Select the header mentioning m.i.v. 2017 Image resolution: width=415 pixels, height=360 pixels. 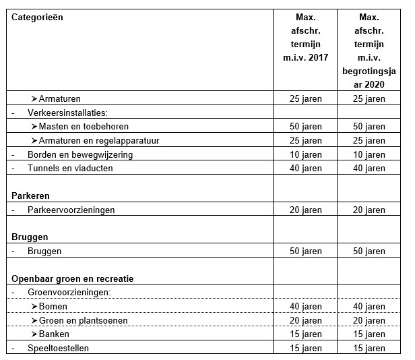(x=306, y=37)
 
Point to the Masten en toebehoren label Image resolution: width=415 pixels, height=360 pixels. (x=84, y=126)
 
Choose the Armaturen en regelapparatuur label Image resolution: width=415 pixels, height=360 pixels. (x=98, y=140)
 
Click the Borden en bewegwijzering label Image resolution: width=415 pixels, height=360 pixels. (x=79, y=154)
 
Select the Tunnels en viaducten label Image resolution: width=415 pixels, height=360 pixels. (x=70, y=168)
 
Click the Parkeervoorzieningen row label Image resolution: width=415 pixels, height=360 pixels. (x=71, y=210)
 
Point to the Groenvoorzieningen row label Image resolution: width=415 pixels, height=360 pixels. (x=69, y=293)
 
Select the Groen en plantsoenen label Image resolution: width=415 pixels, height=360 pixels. (x=83, y=320)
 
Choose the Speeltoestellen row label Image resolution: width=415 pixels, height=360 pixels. (x=58, y=348)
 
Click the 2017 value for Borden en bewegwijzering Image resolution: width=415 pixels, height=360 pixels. (x=306, y=154)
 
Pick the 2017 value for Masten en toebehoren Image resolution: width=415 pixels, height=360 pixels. (x=306, y=126)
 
